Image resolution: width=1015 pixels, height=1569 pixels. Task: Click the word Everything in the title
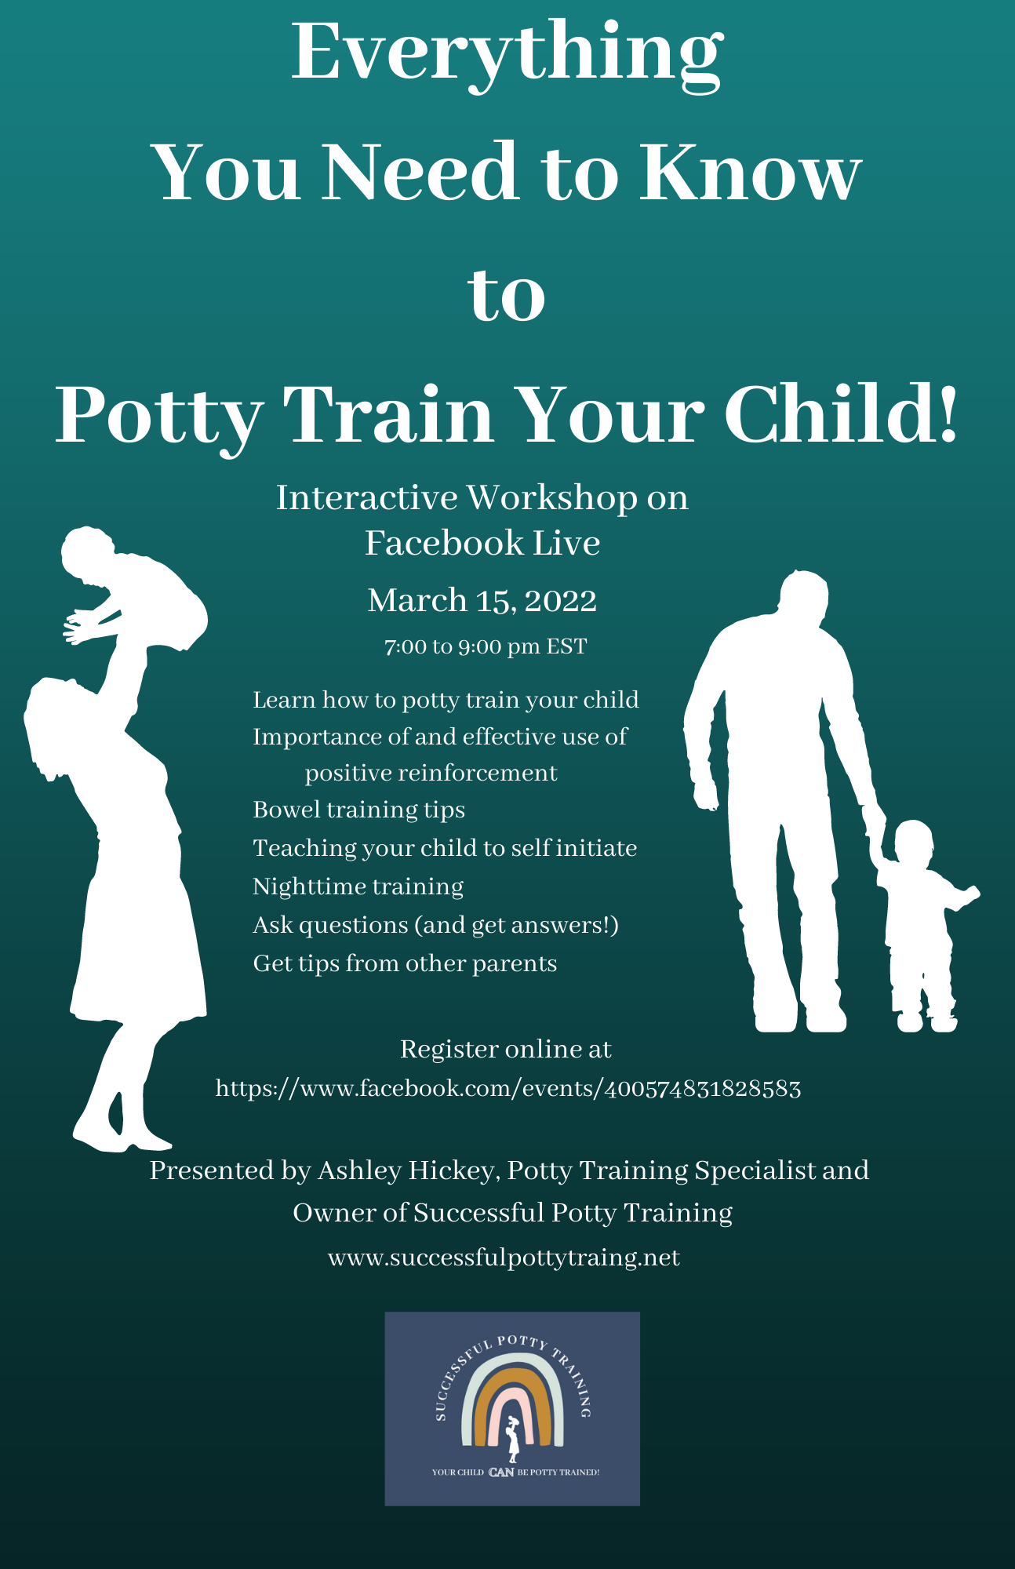pos(507,53)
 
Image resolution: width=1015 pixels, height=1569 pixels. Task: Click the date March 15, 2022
pos(482,601)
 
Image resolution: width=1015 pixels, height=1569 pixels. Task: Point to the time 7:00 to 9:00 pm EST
pos(485,646)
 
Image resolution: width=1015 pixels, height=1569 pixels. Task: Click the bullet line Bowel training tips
pos(358,810)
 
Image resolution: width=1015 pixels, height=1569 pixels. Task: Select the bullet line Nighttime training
pos(358,886)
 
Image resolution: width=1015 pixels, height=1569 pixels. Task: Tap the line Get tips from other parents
pos(405,963)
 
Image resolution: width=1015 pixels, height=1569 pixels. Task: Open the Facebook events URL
pos(508,1089)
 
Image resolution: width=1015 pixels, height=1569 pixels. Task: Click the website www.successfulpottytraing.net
pos(504,1258)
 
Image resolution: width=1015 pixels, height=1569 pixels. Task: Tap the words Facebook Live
pos(482,543)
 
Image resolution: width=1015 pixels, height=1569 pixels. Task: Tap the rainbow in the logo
pos(512,1404)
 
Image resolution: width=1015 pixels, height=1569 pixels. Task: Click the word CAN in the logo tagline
pos(501,1472)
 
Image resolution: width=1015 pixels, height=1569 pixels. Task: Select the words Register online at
pos(505,1049)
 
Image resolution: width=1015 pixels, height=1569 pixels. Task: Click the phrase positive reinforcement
pos(431,773)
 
